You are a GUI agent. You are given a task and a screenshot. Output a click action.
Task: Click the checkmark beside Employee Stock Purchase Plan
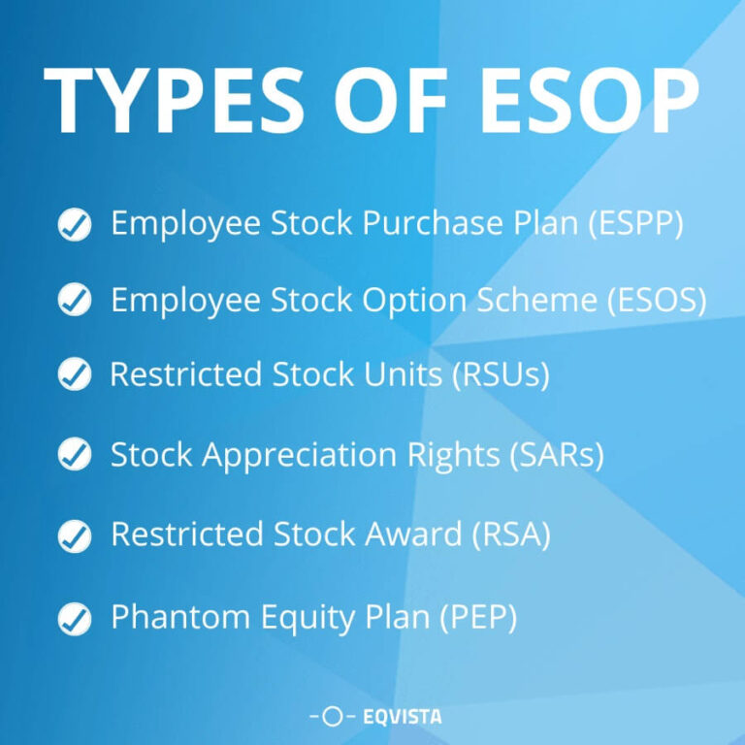click(x=75, y=225)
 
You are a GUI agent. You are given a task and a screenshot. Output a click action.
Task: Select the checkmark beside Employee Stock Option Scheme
click(x=75, y=300)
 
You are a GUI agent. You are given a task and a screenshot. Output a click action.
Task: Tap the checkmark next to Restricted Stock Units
click(x=75, y=374)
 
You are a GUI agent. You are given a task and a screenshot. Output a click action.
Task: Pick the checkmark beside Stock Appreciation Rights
click(x=75, y=453)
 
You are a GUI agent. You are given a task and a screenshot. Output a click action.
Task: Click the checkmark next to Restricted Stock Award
click(x=75, y=534)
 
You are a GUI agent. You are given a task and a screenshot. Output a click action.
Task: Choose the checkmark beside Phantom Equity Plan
click(x=75, y=618)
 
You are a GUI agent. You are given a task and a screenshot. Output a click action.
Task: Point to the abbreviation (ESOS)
click(x=657, y=301)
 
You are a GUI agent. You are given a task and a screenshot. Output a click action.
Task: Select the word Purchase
click(x=427, y=224)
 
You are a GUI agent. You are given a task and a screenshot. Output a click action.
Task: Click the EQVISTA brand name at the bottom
click(x=401, y=717)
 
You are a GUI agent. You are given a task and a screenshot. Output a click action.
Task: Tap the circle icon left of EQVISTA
click(x=332, y=717)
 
